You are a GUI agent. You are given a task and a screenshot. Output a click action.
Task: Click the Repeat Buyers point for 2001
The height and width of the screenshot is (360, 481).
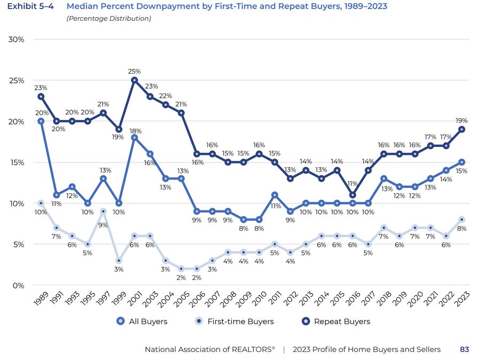(134, 80)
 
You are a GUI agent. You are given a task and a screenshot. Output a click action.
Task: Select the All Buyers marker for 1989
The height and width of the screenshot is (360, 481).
(41, 121)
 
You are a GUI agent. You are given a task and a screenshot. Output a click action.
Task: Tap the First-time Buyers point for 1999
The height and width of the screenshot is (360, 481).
(119, 261)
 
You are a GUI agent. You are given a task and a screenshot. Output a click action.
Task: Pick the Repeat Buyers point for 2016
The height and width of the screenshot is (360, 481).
(353, 195)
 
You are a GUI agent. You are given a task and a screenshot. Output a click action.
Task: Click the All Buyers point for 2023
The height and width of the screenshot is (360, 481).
(461, 162)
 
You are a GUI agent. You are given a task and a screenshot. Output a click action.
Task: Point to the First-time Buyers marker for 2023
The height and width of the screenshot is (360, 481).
(461, 220)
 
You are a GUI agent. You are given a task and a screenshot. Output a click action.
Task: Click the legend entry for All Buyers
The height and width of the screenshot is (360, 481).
(142, 322)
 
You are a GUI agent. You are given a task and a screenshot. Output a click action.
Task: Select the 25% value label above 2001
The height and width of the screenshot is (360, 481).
(134, 71)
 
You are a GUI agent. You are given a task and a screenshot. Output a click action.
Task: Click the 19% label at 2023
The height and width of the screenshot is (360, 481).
(461, 120)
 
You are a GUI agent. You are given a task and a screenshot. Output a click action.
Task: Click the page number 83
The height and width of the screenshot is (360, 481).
(464, 349)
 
